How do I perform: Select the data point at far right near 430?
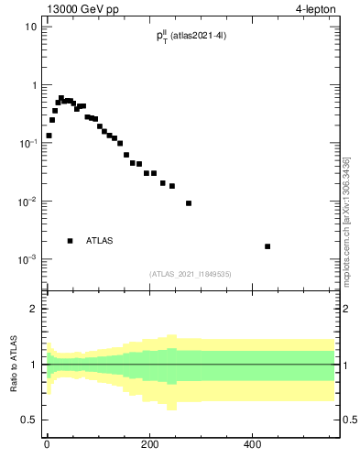click(267, 246)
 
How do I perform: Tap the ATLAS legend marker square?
click(70, 241)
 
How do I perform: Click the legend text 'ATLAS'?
click(100, 241)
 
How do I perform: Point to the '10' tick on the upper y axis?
click(31, 27)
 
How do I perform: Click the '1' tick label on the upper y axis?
click(34, 85)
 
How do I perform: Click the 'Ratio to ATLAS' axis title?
click(13, 365)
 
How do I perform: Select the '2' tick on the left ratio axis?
click(34, 309)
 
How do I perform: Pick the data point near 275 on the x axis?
click(189, 203)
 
